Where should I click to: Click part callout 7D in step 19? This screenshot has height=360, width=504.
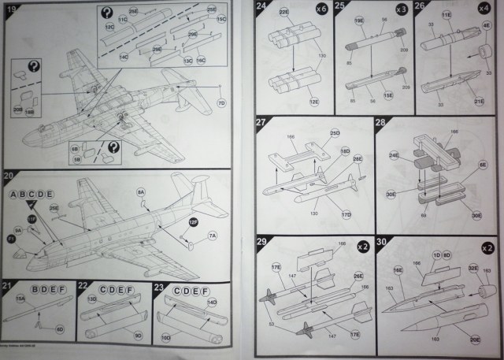223,102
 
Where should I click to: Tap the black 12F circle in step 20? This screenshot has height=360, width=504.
192,223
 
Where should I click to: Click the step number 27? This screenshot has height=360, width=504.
261,123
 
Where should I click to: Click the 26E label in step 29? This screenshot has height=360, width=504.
358,276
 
